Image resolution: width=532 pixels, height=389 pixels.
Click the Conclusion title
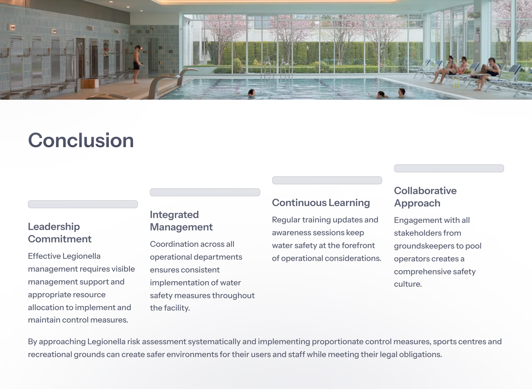(x=81, y=140)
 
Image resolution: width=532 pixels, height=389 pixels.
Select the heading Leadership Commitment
(x=60, y=233)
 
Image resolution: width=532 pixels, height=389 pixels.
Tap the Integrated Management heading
(x=181, y=221)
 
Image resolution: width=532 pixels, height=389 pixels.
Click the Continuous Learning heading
(x=321, y=203)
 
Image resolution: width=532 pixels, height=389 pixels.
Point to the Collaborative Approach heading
(x=425, y=197)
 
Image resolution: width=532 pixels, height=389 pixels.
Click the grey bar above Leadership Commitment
(x=83, y=204)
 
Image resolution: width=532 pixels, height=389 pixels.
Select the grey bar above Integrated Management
(x=205, y=192)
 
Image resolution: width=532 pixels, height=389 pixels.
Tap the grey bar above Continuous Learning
(x=327, y=180)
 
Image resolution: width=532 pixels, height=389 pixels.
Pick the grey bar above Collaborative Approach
(x=449, y=168)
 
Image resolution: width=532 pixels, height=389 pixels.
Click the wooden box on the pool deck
(x=89, y=83)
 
